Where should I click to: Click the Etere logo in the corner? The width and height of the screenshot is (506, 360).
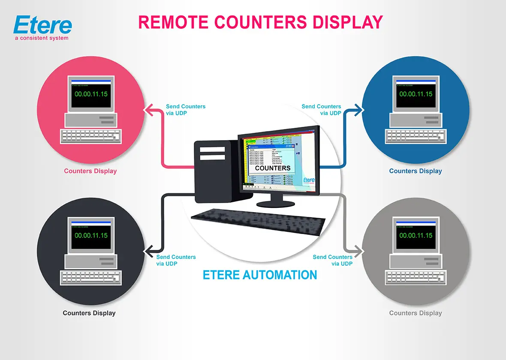pyautogui.click(x=42, y=27)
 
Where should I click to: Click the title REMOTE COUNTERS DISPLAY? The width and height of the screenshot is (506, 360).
pyautogui.click(x=260, y=22)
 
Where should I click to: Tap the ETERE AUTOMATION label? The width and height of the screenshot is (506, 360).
pyautogui.click(x=260, y=275)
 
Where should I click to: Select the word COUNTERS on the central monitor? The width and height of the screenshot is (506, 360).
pyautogui.click(x=273, y=168)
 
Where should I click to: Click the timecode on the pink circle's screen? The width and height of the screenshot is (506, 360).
pyautogui.click(x=91, y=94)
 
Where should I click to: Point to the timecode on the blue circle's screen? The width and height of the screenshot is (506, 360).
pyautogui.click(x=416, y=94)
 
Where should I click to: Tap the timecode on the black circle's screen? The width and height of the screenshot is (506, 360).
pyautogui.click(x=91, y=235)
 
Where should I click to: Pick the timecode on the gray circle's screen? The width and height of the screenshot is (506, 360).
pyautogui.click(x=416, y=235)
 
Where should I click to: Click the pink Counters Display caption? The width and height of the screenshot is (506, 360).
pyautogui.click(x=90, y=171)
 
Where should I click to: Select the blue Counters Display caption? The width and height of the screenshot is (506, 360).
pyautogui.click(x=416, y=171)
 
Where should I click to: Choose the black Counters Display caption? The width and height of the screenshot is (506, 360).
pyautogui.click(x=89, y=313)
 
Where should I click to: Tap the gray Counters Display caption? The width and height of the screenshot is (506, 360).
pyautogui.click(x=416, y=313)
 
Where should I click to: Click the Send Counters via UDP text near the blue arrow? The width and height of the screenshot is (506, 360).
pyautogui.click(x=322, y=110)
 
